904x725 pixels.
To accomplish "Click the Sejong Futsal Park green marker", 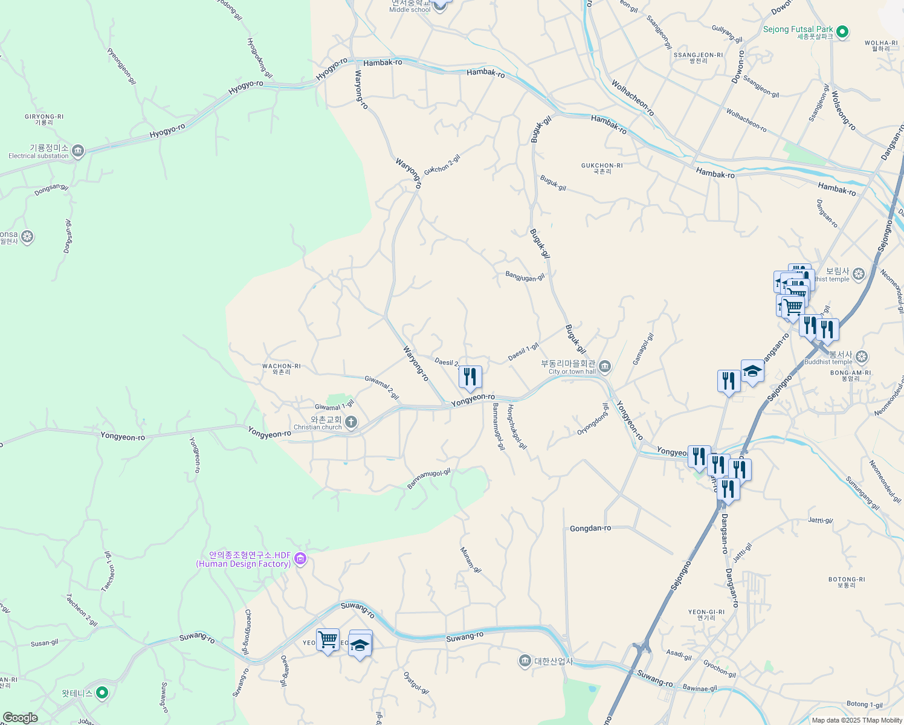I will (842, 31).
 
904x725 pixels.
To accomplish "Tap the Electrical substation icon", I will (77, 151).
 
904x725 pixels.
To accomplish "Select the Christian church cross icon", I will (351, 422).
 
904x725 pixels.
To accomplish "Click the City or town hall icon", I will (605, 366).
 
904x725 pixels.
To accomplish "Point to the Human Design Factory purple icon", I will (300, 559).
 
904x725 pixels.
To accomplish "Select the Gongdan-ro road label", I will (590, 529).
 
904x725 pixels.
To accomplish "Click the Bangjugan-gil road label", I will (525, 277).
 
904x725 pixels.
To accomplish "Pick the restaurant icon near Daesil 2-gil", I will (470, 377).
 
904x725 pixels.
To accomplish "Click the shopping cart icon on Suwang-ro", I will (328, 639).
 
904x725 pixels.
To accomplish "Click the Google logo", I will (21, 718).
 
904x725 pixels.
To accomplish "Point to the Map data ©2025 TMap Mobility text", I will (857, 720).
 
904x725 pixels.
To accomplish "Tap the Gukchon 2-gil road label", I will (442, 164).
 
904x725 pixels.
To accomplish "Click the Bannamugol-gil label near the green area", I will (428, 478).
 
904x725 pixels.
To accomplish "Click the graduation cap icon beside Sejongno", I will (752, 371).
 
